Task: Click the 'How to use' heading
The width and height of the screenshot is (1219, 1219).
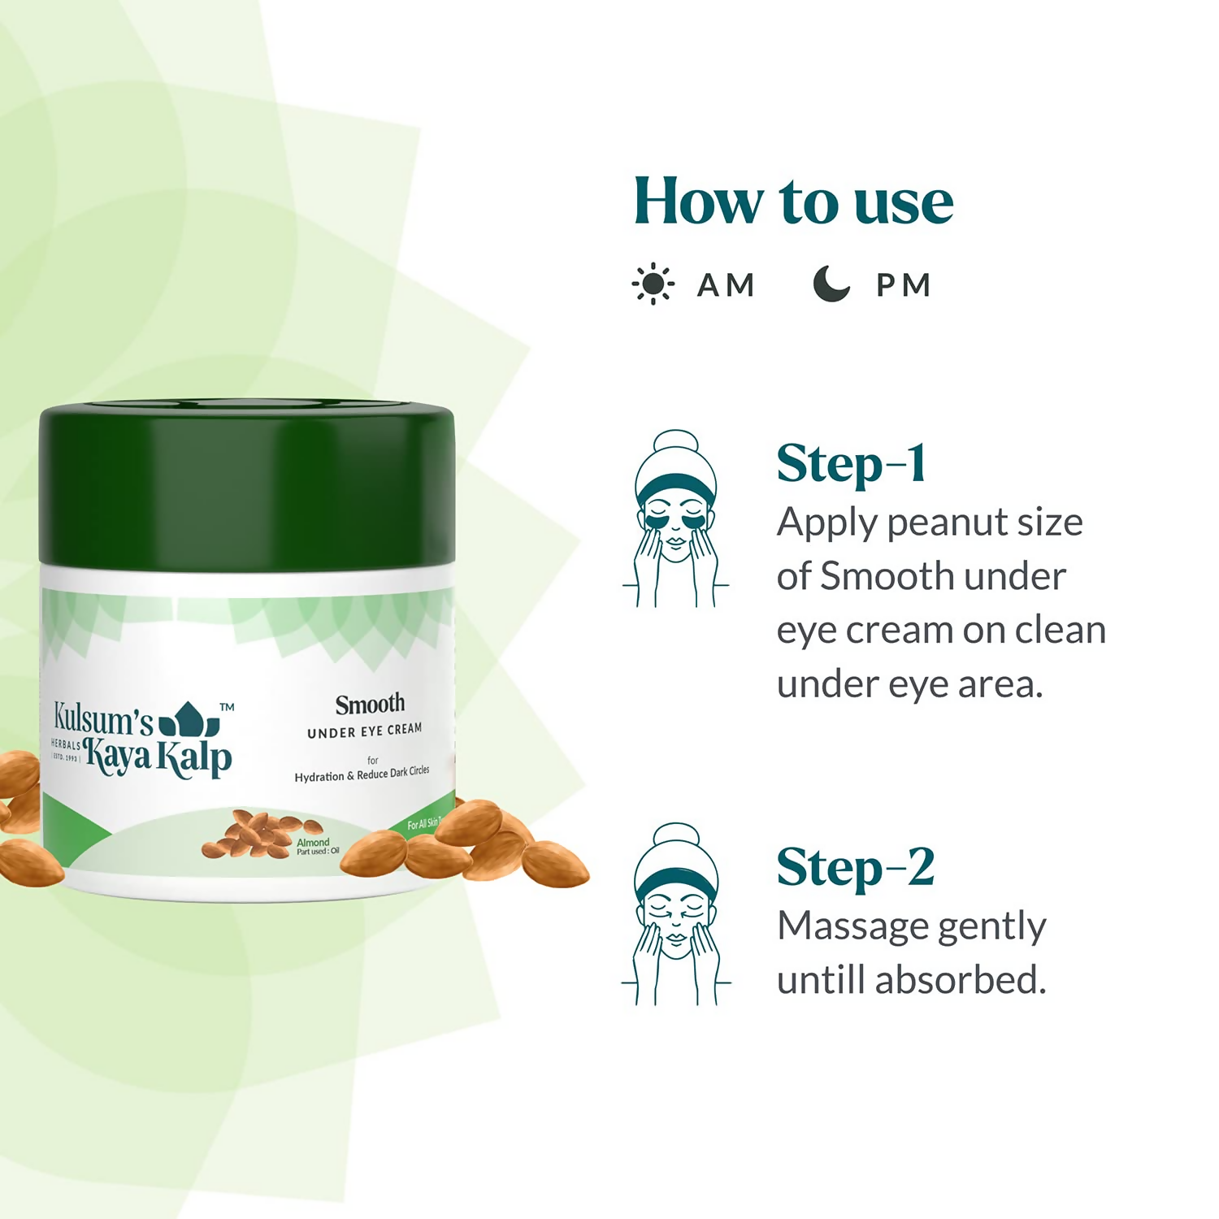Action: coord(793,201)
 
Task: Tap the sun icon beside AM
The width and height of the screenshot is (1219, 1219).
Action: coord(653,284)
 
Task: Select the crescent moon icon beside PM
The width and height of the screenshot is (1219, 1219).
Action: coord(831,284)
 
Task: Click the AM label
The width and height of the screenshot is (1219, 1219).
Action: coord(726,285)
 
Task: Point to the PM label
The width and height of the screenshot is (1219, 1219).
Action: coord(903,285)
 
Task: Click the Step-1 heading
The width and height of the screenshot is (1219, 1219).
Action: coord(851,464)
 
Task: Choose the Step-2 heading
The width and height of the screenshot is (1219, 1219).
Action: coord(855,868)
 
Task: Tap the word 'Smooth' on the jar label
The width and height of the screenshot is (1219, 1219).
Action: coord(370,704)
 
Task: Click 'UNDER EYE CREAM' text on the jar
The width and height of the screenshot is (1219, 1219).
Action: coord(364,731)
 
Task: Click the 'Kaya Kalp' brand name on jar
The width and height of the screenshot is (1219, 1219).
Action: coord(158,757)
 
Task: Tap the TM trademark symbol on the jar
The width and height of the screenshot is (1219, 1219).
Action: coord(228,707)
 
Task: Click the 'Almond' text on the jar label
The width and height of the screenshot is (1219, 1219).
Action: coord(313,843)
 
